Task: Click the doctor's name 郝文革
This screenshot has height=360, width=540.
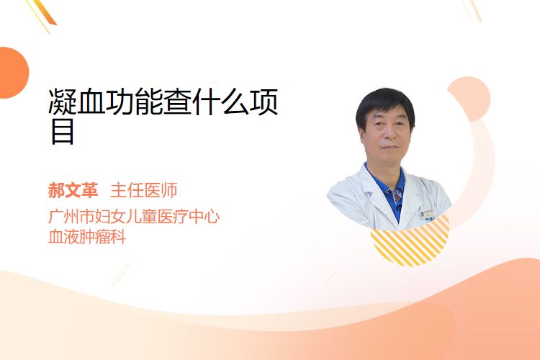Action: tap(73, 191)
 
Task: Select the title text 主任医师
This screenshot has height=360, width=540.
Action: tap(144, 191)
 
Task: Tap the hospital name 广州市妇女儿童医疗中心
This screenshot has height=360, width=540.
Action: tap(134, 217)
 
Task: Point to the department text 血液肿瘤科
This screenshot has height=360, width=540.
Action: tap(87, 237)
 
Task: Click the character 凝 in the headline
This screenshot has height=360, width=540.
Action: tap(63, 102)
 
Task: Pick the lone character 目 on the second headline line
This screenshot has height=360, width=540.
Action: tap(63, 131)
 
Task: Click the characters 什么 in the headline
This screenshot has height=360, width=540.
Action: tap(220, 102)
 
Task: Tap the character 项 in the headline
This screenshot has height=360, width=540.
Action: tap(264, 102)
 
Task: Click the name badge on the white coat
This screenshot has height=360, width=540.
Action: tap(428, 215)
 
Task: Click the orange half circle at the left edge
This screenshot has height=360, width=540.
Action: tap(13, 73)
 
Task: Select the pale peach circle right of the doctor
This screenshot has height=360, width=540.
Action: tap(470, 97)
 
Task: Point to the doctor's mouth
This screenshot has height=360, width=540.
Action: tap(390, 148)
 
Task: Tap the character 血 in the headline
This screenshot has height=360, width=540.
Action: tap(91, 102)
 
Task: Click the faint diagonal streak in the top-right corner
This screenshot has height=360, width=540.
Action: tap(472, 10)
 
